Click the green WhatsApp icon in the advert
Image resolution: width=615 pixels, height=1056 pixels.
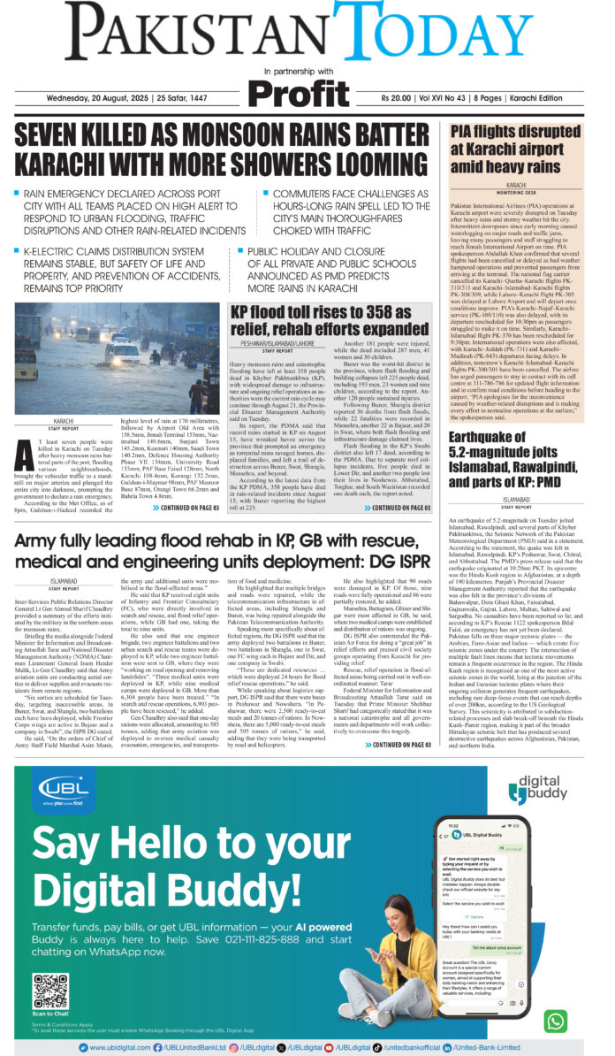(x=554, y=1021)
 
